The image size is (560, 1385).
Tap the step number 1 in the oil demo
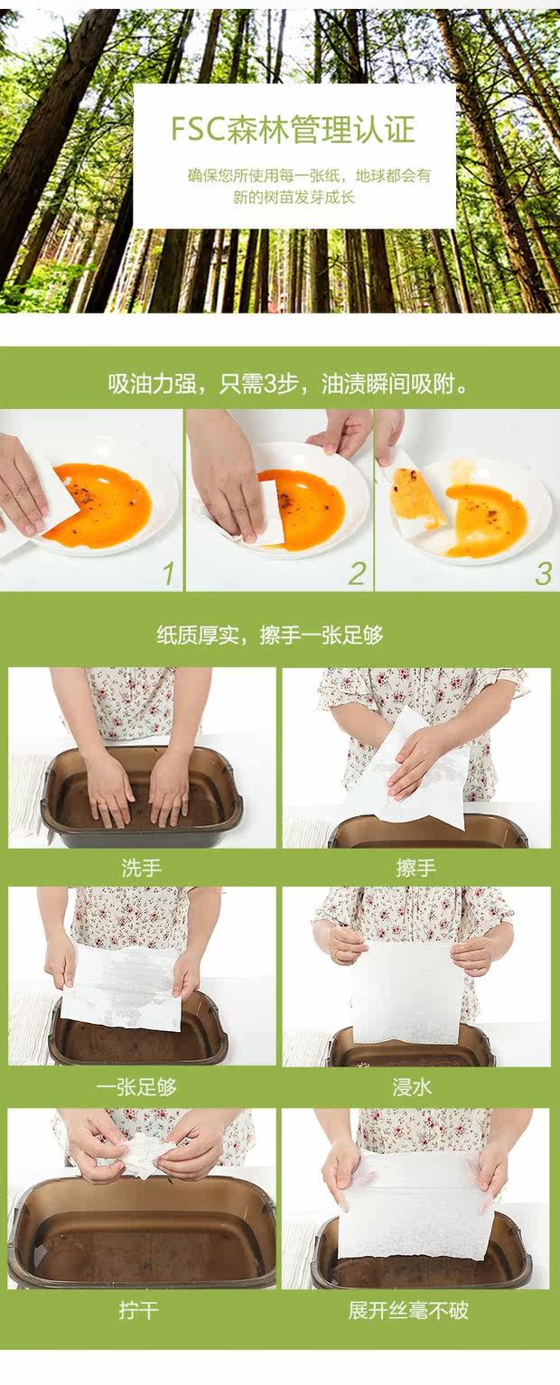point(169,574)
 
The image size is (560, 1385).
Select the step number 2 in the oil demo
point(357,574)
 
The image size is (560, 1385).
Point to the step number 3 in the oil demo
point(544,574)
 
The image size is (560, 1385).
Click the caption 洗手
point(142,869)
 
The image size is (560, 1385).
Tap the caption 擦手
point(415,869)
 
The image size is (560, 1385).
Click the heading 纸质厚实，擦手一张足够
point(270,635)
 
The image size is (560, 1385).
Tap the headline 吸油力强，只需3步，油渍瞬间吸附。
point(288,385)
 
